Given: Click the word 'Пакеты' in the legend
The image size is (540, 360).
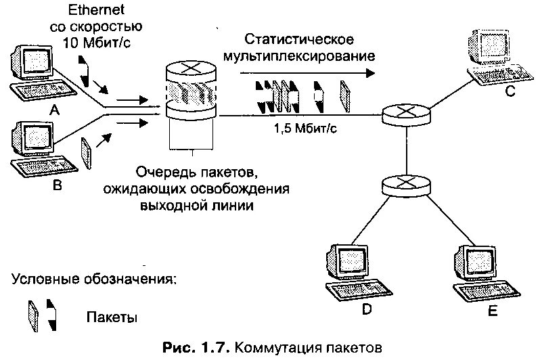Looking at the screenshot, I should coord(112,317).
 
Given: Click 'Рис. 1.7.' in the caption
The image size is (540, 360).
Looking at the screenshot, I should coord(196,348).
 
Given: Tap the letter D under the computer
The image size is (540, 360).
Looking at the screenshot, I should coord(365,310).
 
